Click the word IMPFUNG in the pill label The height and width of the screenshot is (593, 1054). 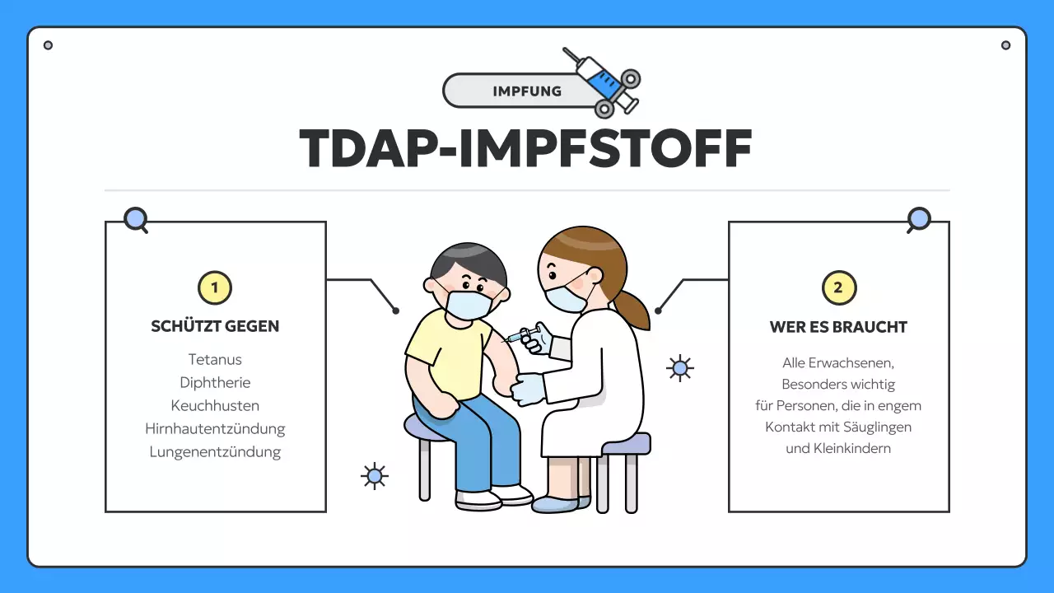click(527, 91)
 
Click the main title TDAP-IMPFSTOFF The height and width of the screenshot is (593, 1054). click(526, 148)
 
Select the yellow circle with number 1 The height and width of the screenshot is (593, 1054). click(215, 288)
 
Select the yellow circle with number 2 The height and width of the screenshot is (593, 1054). click(839, 288)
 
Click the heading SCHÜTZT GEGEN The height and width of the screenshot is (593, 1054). click(215, 326)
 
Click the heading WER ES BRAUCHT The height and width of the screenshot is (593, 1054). click(838, 327)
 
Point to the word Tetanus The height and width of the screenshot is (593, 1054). click(215, 360)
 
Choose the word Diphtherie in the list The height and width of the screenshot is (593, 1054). click(215, 383)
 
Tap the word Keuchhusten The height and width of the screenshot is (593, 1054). click(215, 406)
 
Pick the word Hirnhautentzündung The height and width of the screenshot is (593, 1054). click(215, 429)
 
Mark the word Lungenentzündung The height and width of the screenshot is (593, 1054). click(215, 452)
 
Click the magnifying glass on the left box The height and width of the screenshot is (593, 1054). click(136, 220)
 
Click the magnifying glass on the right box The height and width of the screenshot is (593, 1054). click(919, 220)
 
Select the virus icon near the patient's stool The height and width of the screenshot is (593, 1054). click(375, 476)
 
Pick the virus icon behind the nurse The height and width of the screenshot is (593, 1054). click(679, 368)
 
